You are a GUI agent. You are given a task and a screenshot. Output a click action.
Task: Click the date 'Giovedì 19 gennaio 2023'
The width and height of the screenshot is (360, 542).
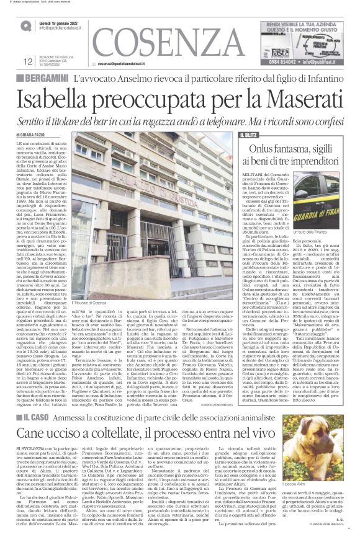58,22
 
